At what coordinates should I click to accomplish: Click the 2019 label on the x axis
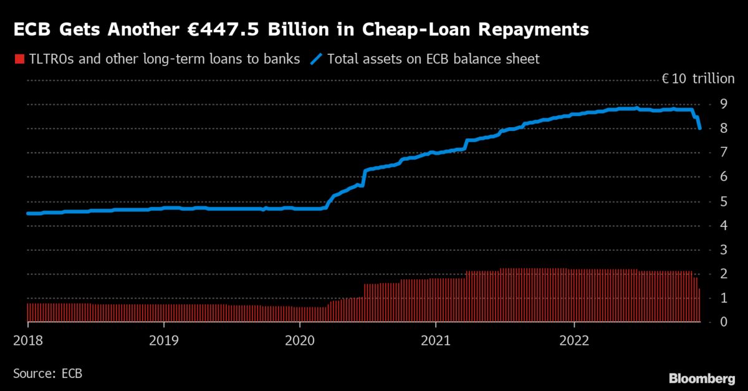(x=163, y=342)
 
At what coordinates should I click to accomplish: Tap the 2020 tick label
(x=300, y=342)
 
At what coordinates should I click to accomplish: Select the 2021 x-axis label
(x=436, y=342)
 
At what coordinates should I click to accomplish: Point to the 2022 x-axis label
(x=573, y=342)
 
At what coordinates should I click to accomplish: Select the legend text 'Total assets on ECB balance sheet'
(x=433, y=59)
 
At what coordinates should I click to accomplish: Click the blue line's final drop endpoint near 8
(x=700, y=128)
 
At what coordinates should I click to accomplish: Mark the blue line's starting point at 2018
(x=27, y=213)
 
